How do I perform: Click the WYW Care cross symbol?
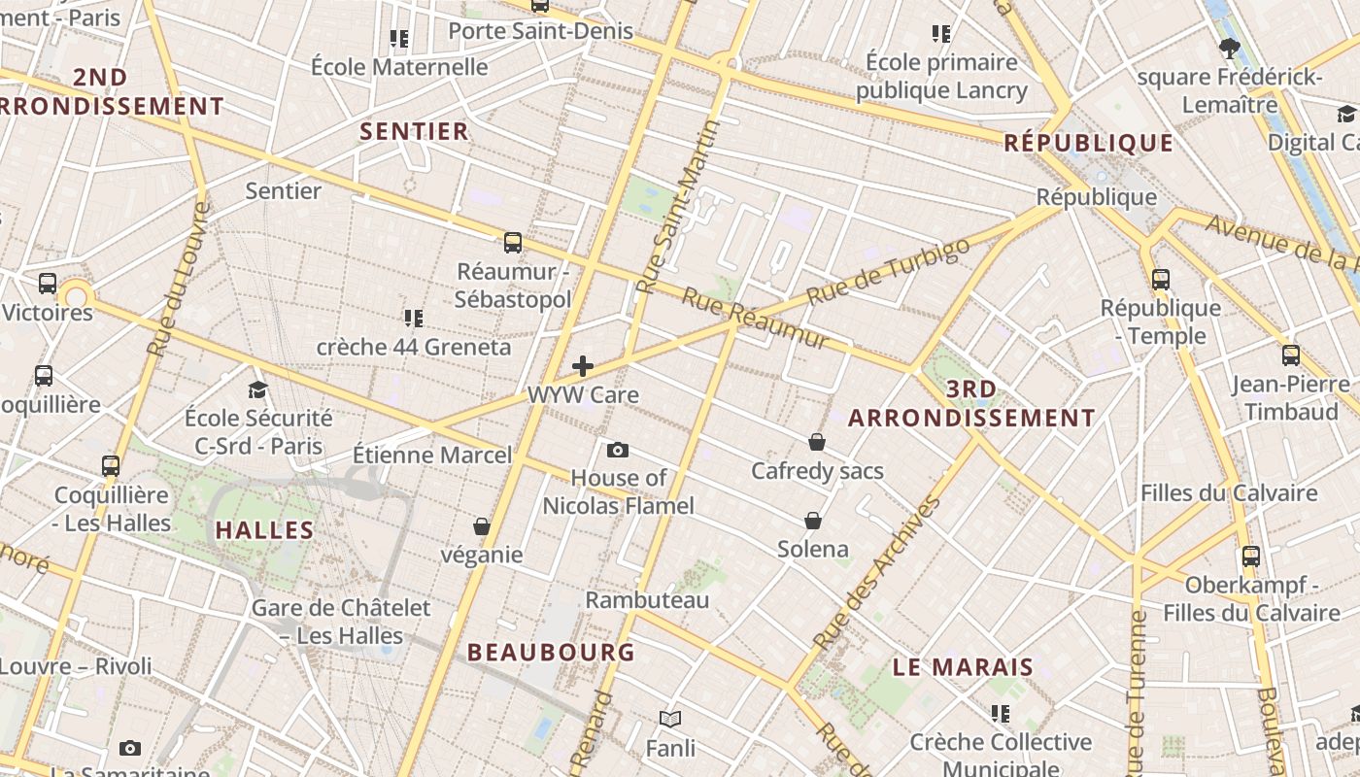pos(583,366)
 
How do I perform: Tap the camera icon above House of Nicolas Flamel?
pos(617,450)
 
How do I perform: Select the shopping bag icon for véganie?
pos(481,526)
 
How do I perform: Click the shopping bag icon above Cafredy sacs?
pos(817,442)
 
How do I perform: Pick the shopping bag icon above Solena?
pos(813,521)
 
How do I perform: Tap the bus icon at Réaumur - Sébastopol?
pos(512,243)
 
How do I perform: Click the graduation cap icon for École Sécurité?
pos(257,389)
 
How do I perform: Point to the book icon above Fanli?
pos(670,719)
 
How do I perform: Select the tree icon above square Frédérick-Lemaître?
pos(1229,48)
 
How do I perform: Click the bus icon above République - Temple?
pos(1161,280)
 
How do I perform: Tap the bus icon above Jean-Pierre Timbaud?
pos(1290,355)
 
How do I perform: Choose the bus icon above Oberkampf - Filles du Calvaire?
pos(1251,557)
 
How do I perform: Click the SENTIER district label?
pos(415,131)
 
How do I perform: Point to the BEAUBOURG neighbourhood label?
pos(551,652)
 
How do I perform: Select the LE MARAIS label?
pos(963,667)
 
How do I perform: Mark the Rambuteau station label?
pos(647,600)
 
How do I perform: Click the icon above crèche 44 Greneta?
pos(414,318)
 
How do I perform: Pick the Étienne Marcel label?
pos(431,455)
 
